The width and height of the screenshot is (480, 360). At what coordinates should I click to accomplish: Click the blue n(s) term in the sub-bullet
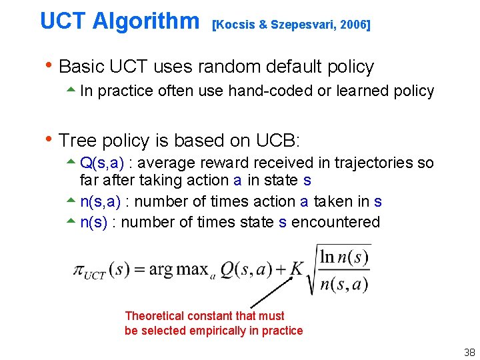tap(94, 222)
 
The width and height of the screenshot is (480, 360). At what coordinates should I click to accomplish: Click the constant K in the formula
tap(297, 269)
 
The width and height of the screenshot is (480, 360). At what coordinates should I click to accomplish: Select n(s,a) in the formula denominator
tap(343, 284)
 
